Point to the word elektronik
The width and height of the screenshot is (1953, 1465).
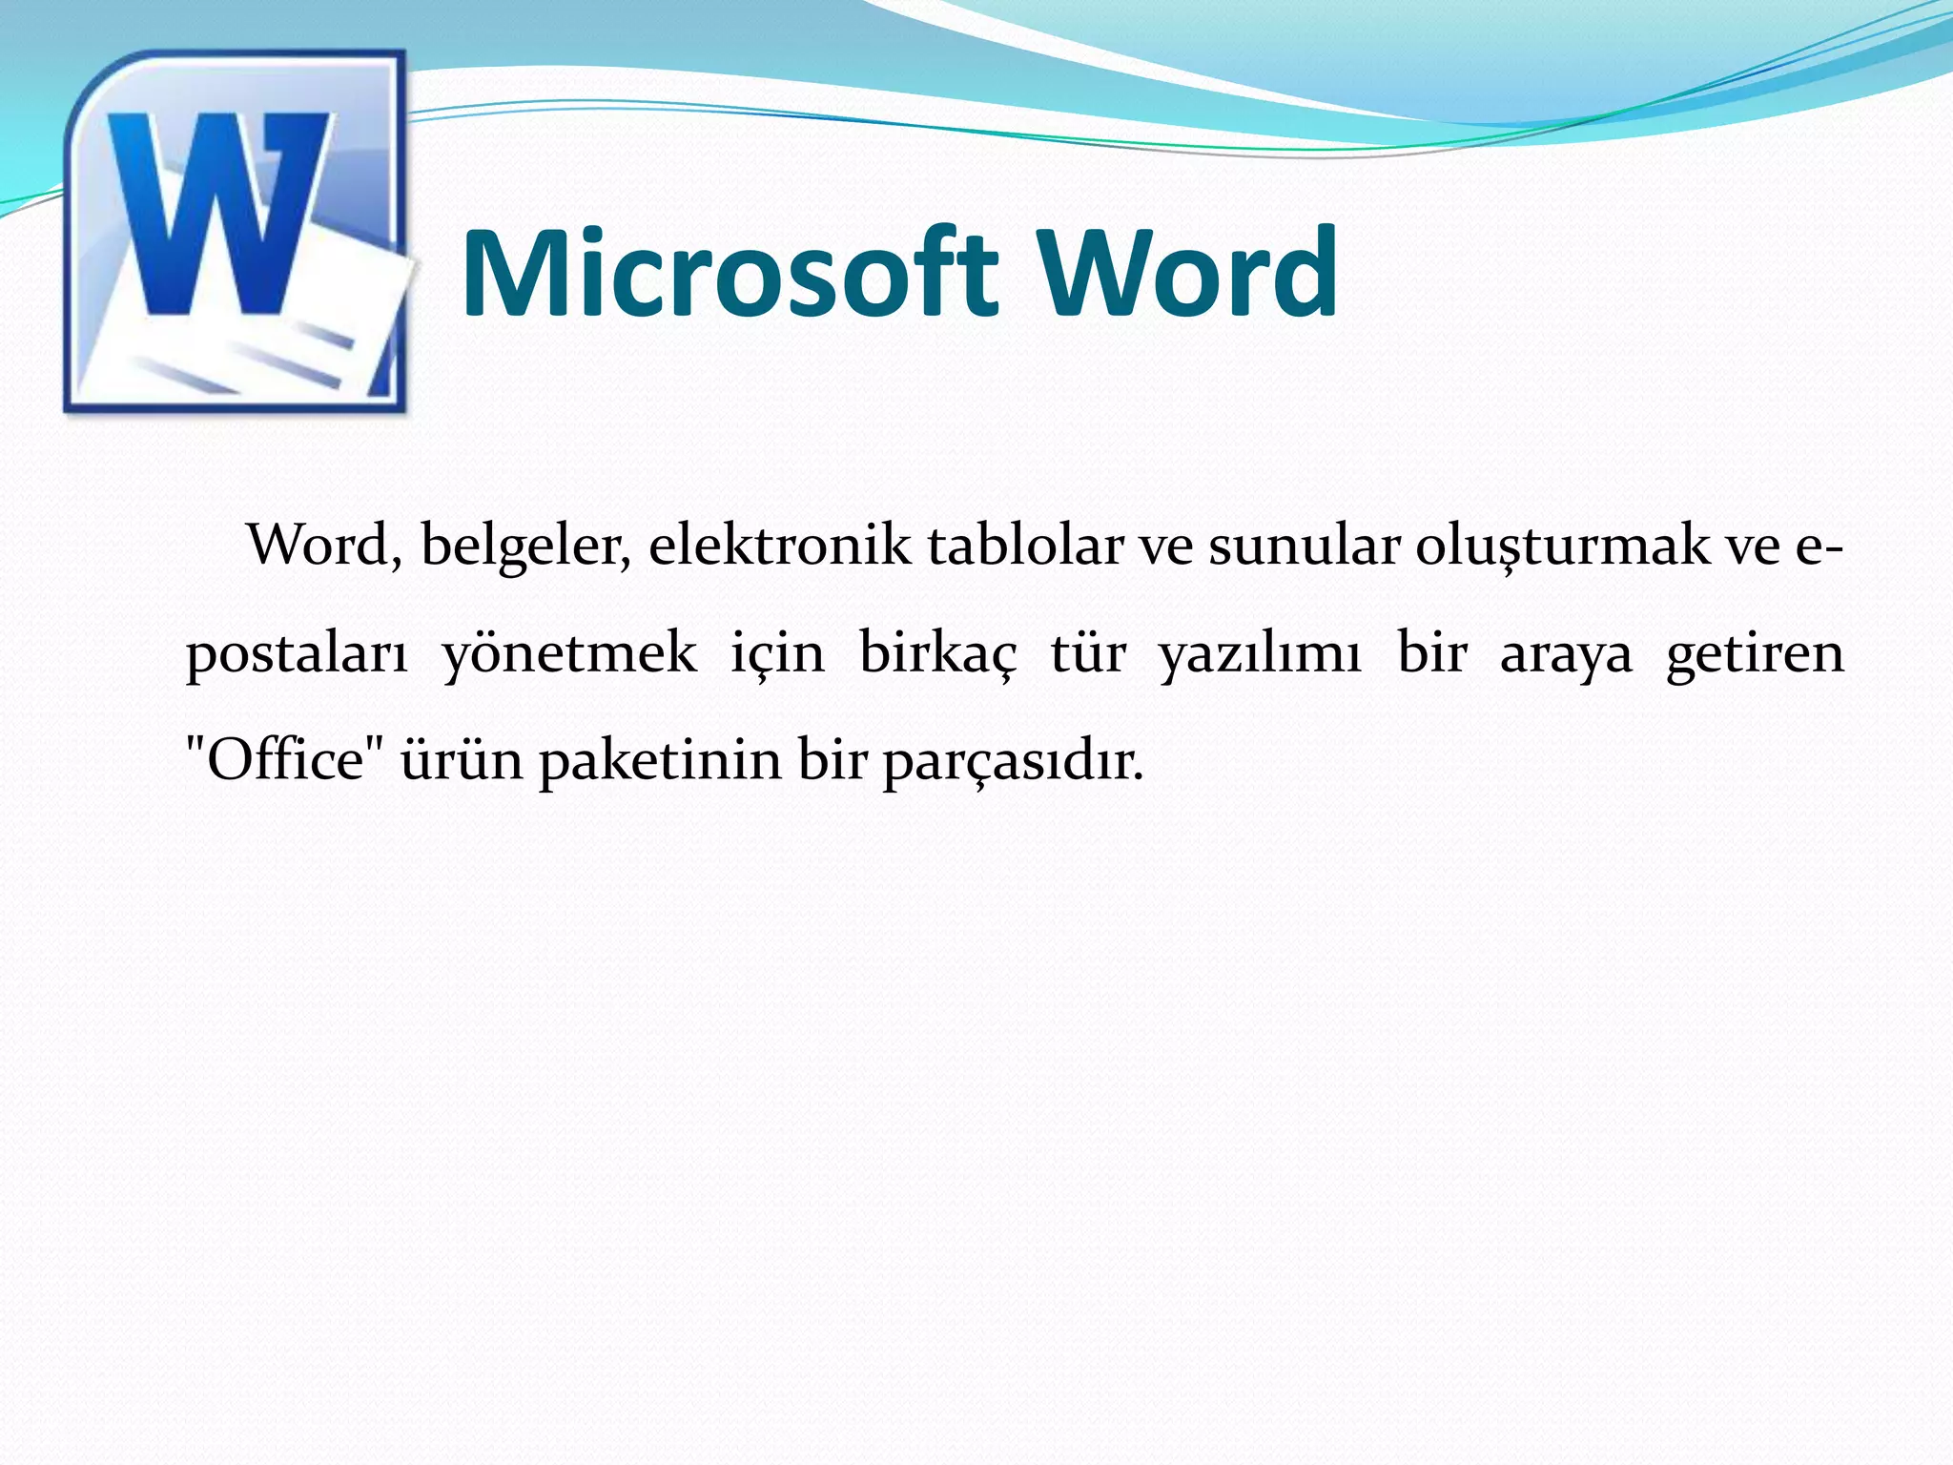click(779, 547)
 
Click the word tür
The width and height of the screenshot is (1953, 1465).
click(1088, 654)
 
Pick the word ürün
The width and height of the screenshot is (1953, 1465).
click(462, 761)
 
